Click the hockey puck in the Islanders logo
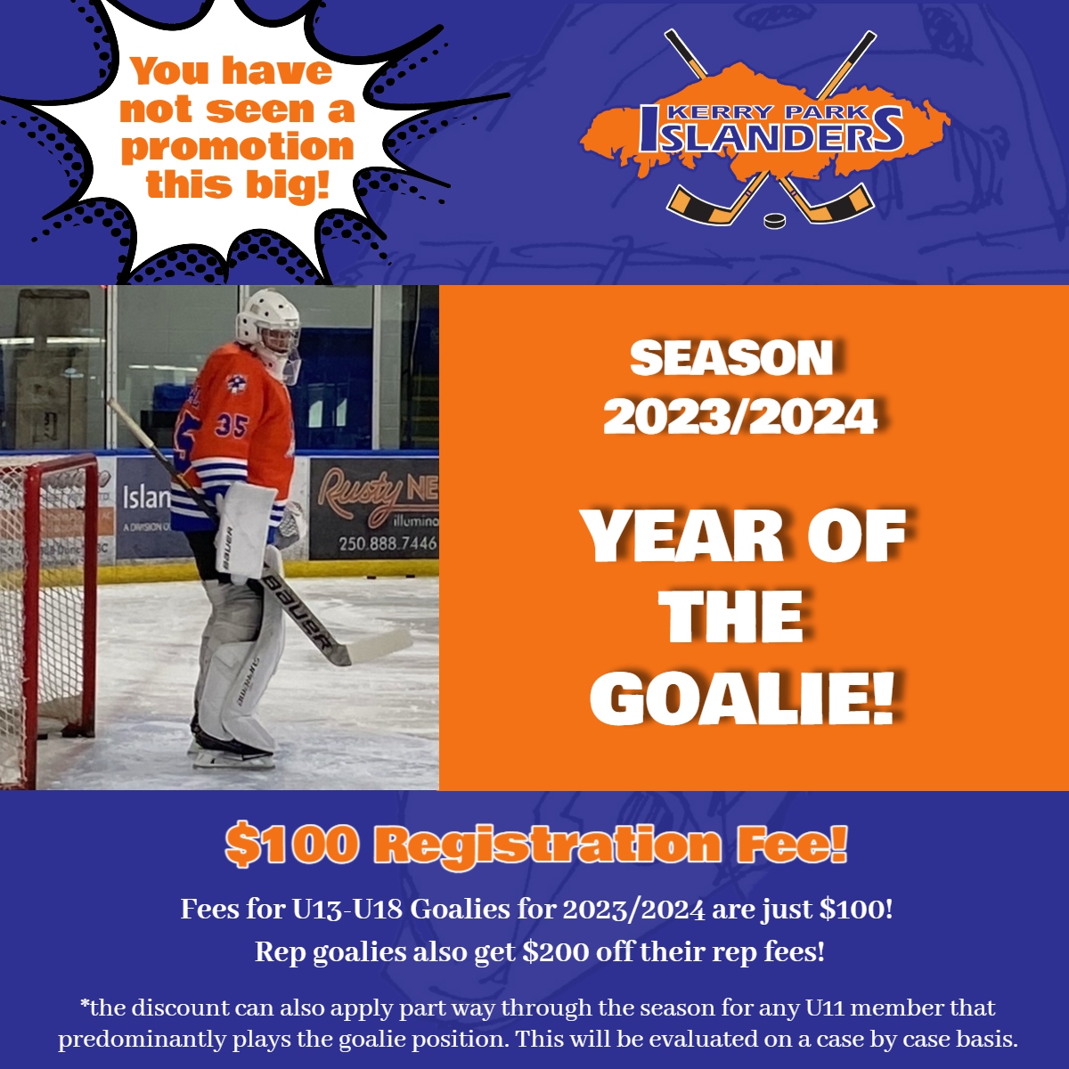coord(774,221)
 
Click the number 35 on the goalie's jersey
coord(232,426)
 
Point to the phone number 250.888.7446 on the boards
coord(388,543)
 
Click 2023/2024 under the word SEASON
coord(740,417)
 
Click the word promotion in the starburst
coord(238,147)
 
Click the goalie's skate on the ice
coord(234,750)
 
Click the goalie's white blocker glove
coord(244,530)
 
